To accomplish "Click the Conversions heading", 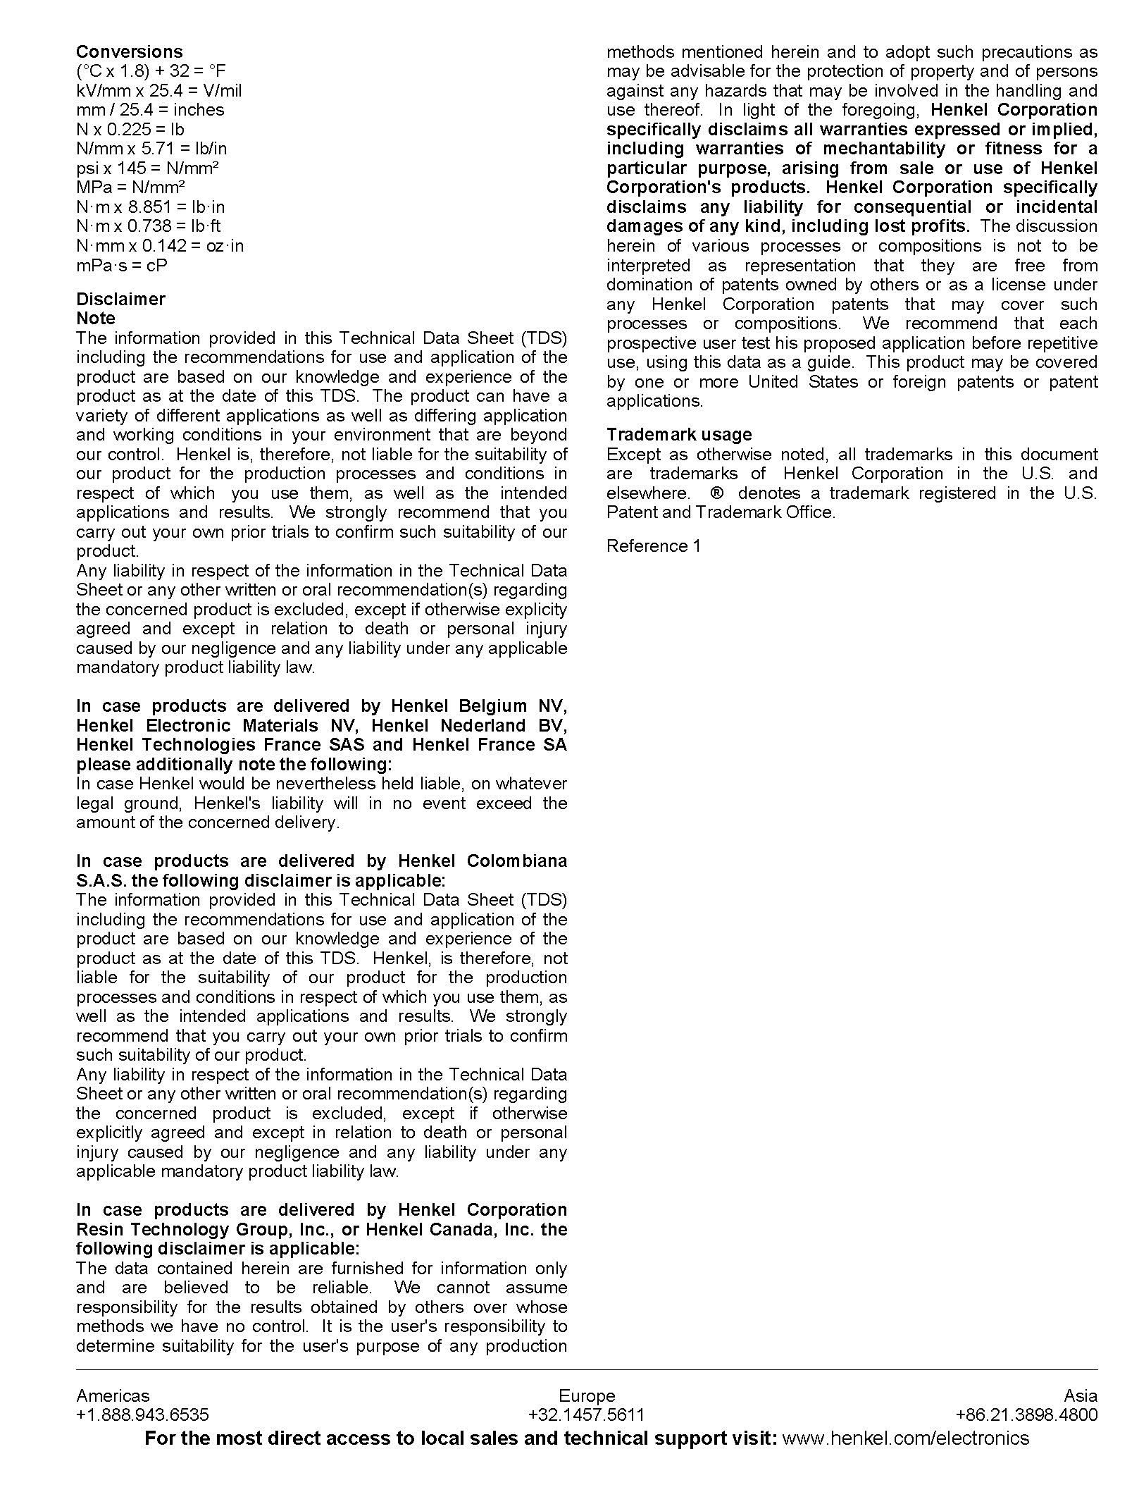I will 129,51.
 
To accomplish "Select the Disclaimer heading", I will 120,299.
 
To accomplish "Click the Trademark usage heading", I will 678,434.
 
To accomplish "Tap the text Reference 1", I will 653,545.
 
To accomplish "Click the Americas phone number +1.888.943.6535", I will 142,1414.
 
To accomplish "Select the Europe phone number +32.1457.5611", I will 586,1414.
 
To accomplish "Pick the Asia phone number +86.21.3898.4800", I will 1026,1414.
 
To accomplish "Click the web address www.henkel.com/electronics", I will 905,1438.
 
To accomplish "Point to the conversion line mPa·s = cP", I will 122,265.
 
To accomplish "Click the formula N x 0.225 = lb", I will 130,129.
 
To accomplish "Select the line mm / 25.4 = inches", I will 150,110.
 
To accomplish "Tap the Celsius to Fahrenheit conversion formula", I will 151,71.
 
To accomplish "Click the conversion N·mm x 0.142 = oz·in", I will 160,245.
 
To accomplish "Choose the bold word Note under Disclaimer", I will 96,318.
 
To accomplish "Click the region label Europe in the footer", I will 586,1395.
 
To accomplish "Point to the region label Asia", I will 1080,1395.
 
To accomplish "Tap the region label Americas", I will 113,1395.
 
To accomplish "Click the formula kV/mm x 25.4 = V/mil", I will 158,90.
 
